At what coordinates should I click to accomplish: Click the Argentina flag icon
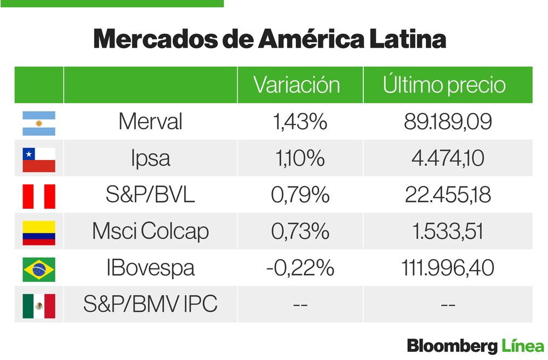pos(39,123)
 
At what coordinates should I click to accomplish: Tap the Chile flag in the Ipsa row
pos(39,159)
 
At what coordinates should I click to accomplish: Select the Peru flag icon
pos(39,196)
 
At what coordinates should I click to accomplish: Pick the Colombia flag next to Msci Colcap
pos(39,232)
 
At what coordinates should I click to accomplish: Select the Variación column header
pos(297,85)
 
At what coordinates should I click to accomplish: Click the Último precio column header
pos(444,85)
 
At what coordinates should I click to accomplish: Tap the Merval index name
pos(150,122)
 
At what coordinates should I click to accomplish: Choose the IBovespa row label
pos(150,268)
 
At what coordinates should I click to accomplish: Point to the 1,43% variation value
pos(300,122)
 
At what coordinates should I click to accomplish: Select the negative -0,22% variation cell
pos(300,268)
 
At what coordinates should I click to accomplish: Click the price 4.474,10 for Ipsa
pos(448,158)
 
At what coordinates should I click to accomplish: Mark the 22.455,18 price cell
pos(448,195)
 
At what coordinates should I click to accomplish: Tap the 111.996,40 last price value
pos(448,268)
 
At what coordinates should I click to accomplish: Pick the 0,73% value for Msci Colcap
pos(300,231)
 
